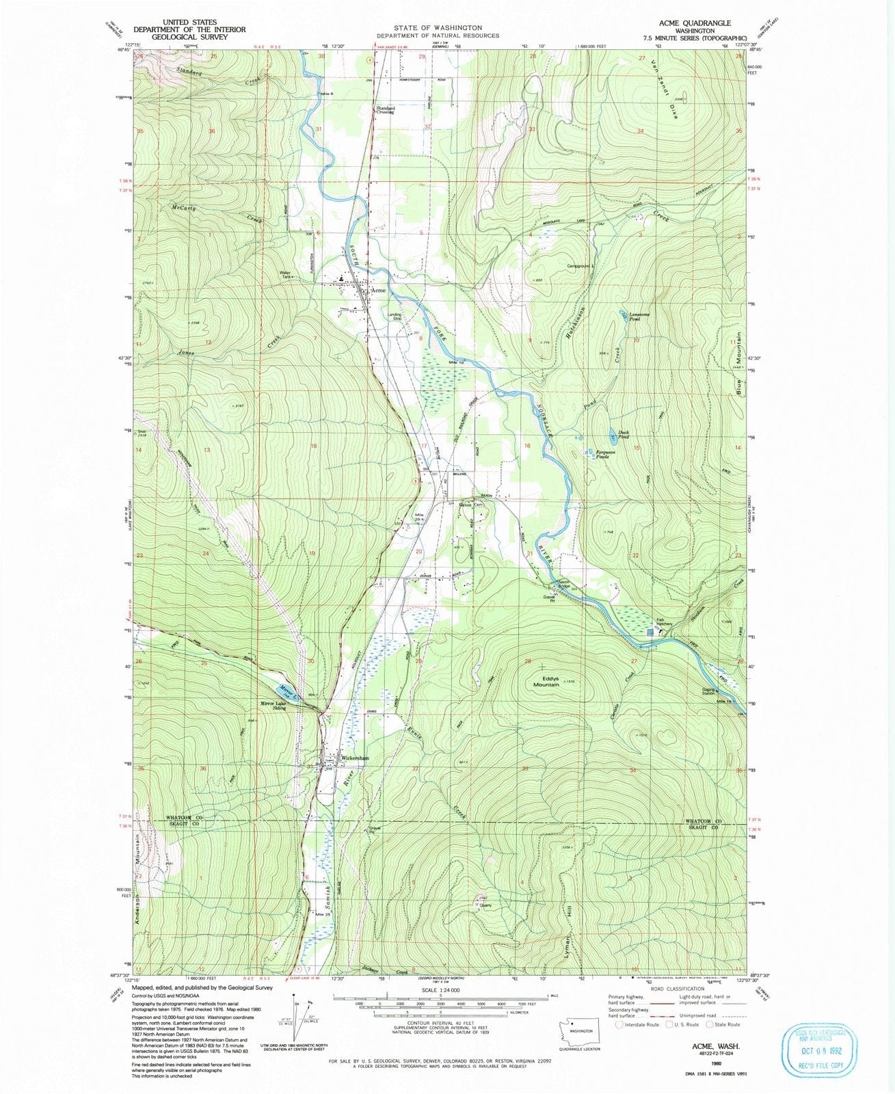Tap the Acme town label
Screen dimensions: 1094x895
point(377,290)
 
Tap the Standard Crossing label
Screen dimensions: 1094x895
point(384,109)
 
